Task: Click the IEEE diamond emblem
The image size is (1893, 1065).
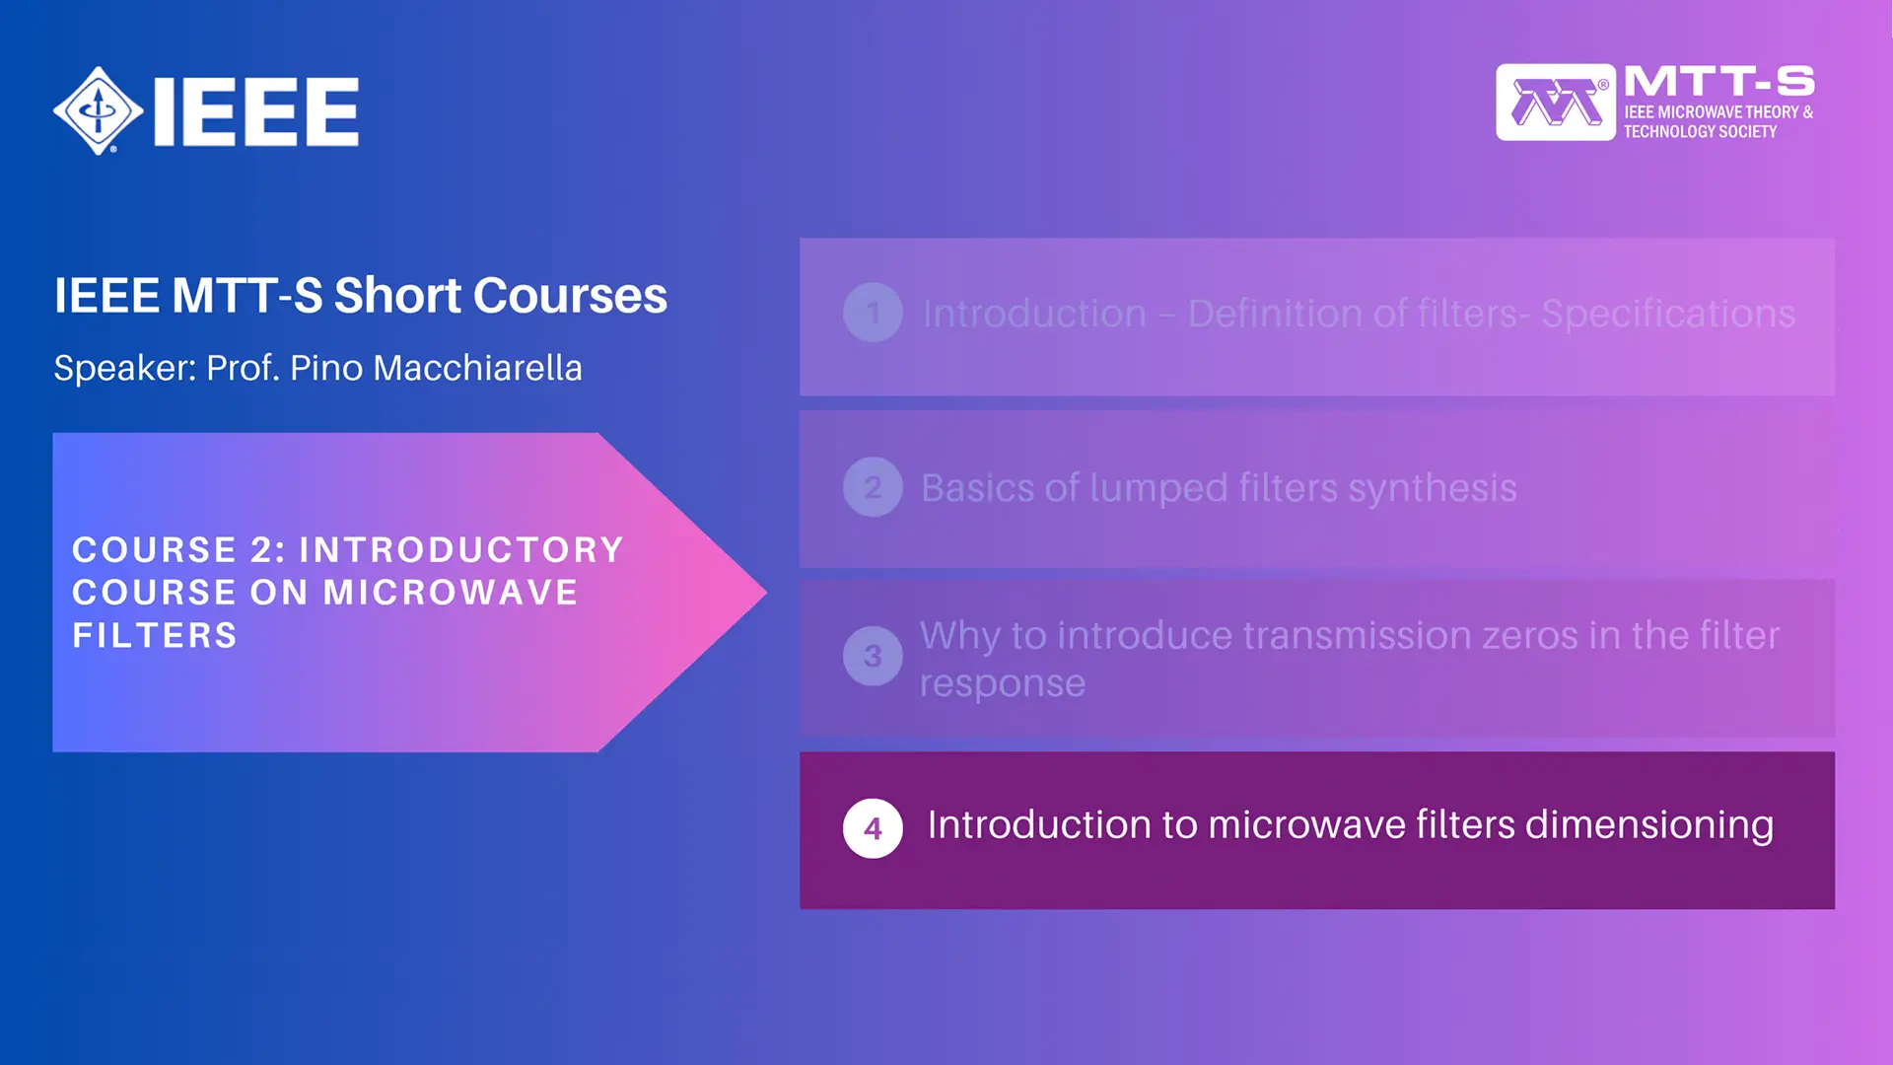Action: click(98, 110)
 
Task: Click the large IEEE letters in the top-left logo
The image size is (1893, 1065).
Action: click(256, 111)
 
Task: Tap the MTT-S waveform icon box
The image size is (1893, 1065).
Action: click(1555, 103)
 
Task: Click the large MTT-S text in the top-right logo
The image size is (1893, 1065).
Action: click(1718, 82)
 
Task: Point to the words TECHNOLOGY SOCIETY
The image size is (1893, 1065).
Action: click(1700, 132)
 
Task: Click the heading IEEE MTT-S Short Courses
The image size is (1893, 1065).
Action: click(360, 295)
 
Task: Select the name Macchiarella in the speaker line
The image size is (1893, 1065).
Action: click(477, 368)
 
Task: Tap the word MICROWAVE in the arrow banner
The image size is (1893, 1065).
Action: click(451, 593)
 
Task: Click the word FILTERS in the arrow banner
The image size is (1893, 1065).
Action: click(155, 636)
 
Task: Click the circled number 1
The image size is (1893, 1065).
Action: click(873, 313)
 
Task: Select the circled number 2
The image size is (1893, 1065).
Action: click(873, 487)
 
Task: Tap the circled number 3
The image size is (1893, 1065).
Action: click(873, 656)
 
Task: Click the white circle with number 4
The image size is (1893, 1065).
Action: click(873, 828)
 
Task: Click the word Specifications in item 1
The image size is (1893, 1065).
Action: click(1667, 314)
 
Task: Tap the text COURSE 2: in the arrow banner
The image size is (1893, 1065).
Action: click(178, 550)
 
